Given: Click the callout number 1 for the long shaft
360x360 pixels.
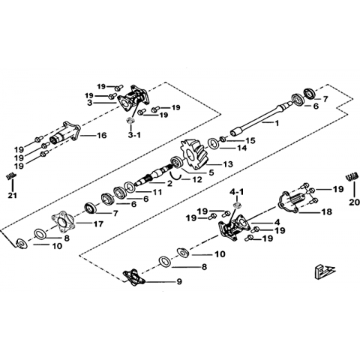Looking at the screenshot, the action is pos(277,123).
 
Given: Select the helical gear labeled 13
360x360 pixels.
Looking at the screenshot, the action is pos(194,155).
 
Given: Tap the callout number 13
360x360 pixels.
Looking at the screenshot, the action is pos(228,164).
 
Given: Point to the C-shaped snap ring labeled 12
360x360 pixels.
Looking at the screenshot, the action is pos(175,175).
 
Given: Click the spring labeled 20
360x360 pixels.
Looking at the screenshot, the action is pos(350,177).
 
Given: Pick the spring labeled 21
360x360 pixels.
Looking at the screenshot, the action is pos(11,177).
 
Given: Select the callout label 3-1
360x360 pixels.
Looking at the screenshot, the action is pos(134,135).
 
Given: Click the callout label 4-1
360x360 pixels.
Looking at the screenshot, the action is pos(236,192).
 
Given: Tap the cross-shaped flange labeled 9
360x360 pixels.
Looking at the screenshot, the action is pos(134,277).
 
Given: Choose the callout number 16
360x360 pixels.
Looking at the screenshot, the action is pos(101,135).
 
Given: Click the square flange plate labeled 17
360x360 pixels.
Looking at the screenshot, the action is pos(63,220).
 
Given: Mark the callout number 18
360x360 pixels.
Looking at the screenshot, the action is pos(327,211).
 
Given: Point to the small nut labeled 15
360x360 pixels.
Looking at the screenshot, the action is pos(223,139).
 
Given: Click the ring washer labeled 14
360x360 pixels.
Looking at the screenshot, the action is pos(214,144).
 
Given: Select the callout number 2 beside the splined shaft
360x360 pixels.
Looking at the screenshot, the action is pos(169,184).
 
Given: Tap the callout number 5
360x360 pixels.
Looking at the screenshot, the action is pos(211,172).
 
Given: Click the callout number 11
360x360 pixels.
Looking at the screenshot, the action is pos(157,192).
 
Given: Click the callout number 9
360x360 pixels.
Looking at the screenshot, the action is pos(179,282).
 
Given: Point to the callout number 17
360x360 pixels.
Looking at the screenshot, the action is pos(98,224).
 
